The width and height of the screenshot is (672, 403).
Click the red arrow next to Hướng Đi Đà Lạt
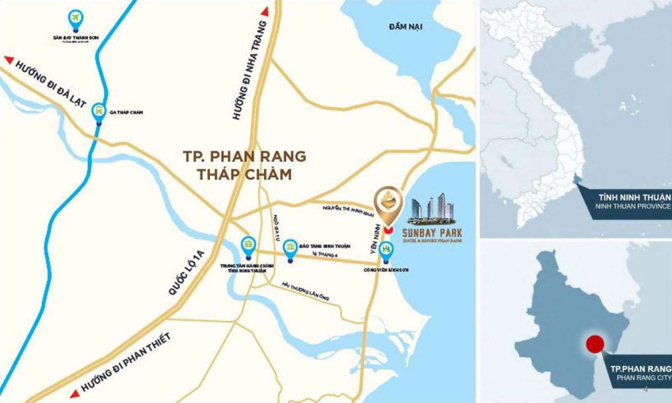coord(9,60)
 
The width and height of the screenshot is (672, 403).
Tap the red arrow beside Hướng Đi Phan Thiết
coord(74,392)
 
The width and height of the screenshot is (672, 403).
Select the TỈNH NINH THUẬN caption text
coord(633,197)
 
